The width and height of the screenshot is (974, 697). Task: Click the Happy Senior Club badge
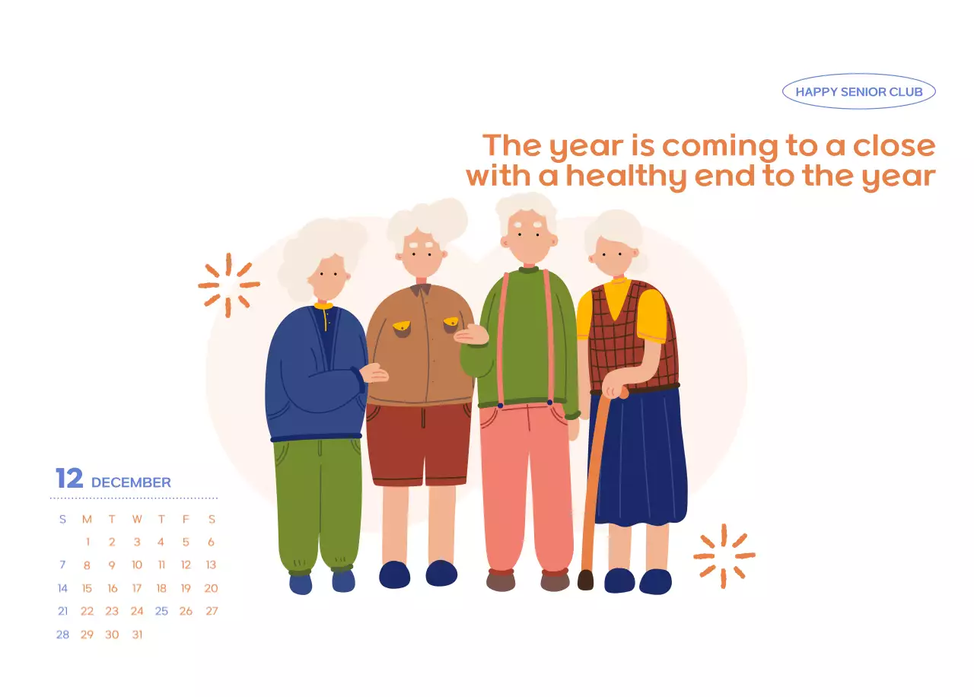(858, 92)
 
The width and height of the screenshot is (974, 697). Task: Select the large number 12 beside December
(69, 479)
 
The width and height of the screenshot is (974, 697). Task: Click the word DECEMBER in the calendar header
(131, 482)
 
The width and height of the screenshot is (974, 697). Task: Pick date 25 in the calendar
(161, 611)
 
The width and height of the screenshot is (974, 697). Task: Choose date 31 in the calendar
(137, 634)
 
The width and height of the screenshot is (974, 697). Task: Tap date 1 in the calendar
(88, 543)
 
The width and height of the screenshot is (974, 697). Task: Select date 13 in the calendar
(211, 565)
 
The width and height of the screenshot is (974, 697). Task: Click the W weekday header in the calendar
(137, 520)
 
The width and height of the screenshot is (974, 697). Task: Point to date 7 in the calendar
(62, 565)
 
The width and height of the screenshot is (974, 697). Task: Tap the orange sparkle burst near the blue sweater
(228, 285)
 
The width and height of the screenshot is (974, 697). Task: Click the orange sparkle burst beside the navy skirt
(724, 555)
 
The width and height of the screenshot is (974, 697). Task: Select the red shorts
(419, 444)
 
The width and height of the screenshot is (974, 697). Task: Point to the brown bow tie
(421, 289)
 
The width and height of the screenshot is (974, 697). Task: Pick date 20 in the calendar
(211, 588)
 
